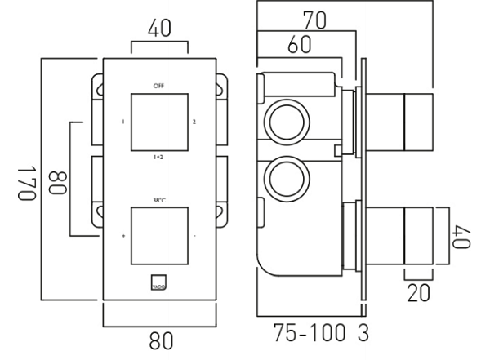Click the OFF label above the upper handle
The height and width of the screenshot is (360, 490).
pos(158,85)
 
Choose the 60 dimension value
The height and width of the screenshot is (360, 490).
pos(300,47)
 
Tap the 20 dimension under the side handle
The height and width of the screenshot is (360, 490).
pos(417,293)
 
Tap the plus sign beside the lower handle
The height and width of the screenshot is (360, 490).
pos(123,237)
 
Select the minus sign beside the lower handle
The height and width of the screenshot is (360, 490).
pos(194,237)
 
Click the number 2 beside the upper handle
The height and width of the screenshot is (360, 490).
pos(194,122)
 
